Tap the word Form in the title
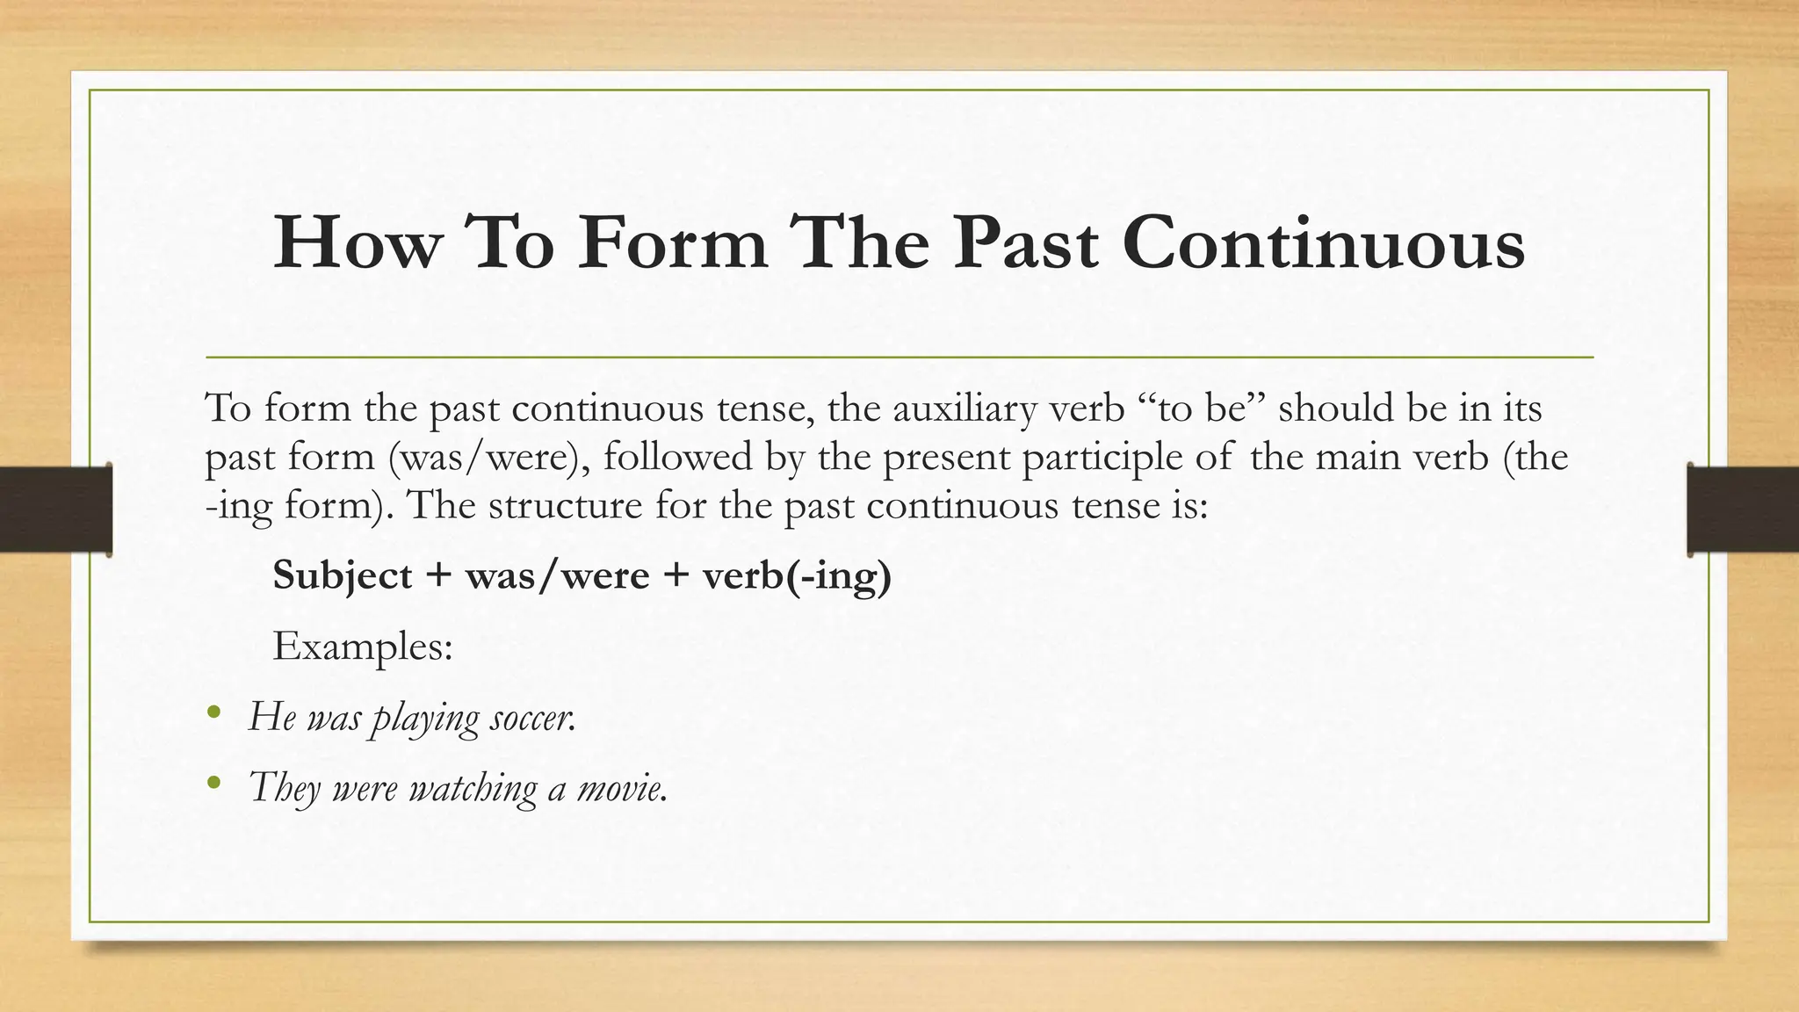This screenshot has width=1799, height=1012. pyautogui.click(x=672, y=243)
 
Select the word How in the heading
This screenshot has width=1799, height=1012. pyautogui.click(x=354, y=243)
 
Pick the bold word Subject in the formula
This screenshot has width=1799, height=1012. pyautogui.click(x=343, y=576)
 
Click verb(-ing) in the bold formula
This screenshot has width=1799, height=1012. pyautogui.click(x=797, y=576)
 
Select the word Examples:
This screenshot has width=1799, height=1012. pyautogui.click(x=363, y=647)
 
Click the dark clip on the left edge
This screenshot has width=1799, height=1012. pyautogui.click(x=55, y=510)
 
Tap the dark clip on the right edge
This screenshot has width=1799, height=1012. pyautogui.click(x=1743, y=510)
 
